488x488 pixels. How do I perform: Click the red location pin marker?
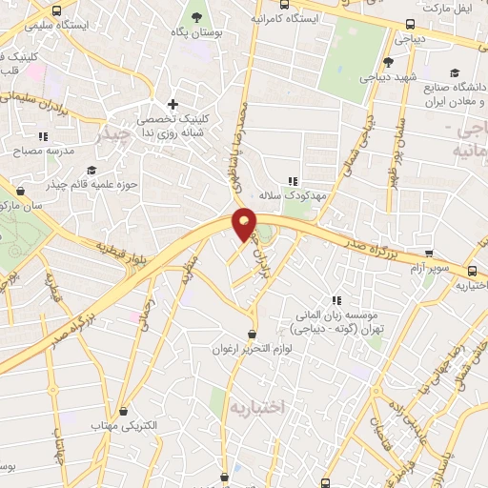[x=244, y=224]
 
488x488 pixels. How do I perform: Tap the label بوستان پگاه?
[x=198, y=33]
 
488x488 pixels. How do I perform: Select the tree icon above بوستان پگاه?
[x=198, y=17]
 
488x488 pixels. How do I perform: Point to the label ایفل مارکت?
[x=447, y=8]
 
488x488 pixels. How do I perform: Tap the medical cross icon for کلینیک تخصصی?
[x=172, y=105]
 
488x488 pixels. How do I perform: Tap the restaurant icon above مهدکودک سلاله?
[x=294, y=180]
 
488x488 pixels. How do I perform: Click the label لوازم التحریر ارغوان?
[x=253, y=350]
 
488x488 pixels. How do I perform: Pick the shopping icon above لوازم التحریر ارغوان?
[x=252, y=335]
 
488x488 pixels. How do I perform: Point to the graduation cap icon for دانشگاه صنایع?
[x=455, y=72]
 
